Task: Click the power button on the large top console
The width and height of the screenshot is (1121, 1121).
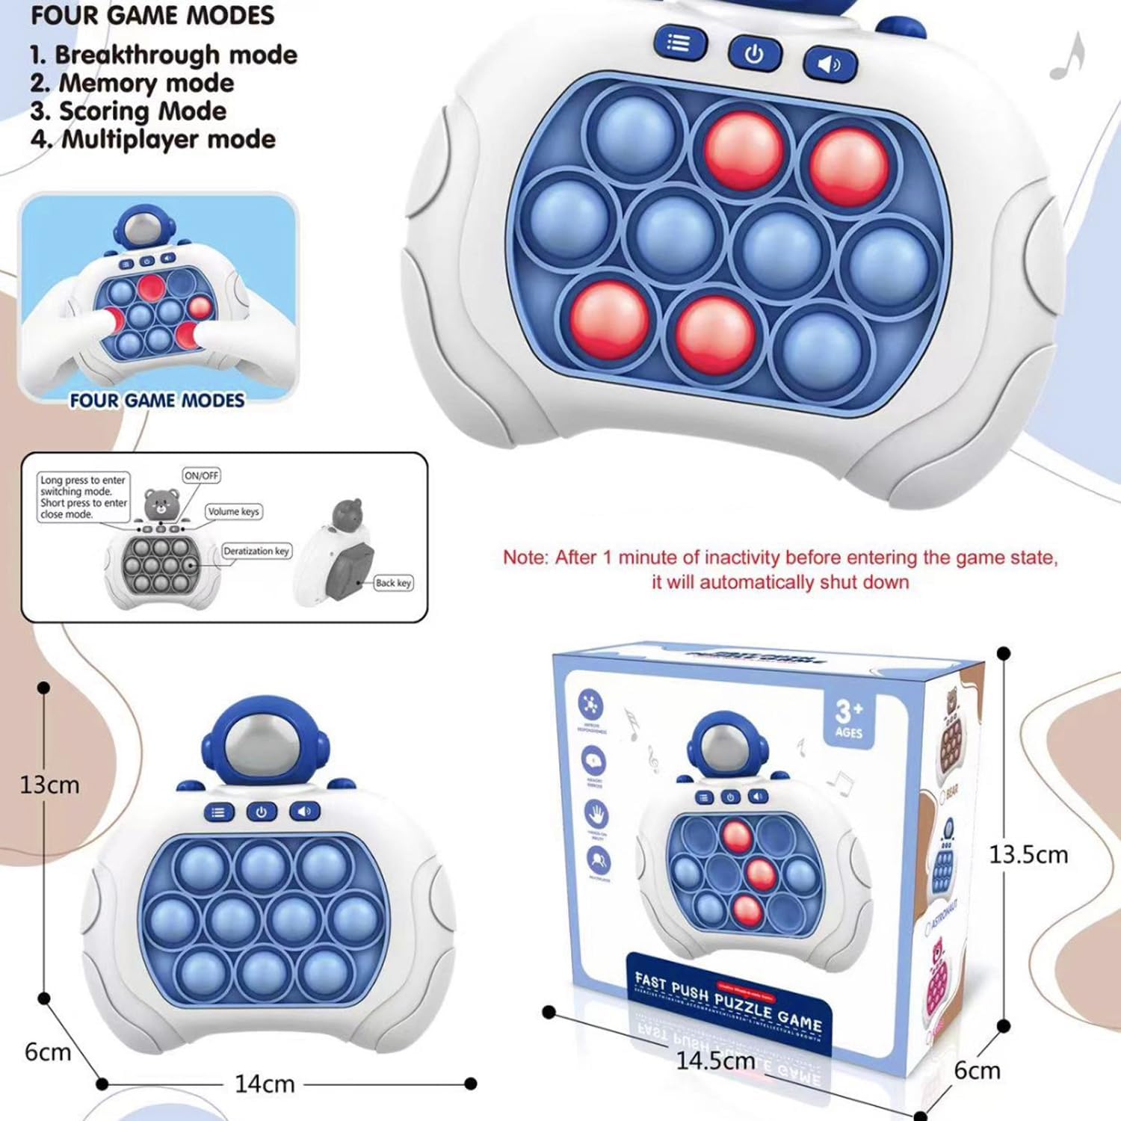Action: pos(754,54)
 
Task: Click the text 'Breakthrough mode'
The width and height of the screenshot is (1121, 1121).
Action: pos(176,55)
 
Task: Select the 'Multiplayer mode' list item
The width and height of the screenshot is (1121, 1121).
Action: pos(168,139)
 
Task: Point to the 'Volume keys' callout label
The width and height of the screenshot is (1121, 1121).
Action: pos(234,512)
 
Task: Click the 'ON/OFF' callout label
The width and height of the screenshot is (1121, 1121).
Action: pos(201,475)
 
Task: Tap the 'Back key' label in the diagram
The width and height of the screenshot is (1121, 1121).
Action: pos(393,583)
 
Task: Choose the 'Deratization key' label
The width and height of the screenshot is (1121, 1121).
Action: pos(256,551)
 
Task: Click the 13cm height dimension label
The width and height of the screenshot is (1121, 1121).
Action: pos(49,785)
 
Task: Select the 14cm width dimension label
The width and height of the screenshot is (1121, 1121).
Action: pos(265,1084)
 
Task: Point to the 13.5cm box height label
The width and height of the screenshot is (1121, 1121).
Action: pos(1028,854)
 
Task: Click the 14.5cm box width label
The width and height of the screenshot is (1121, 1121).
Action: pos(715,1060)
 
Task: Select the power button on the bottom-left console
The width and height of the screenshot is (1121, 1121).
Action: pos(261,812)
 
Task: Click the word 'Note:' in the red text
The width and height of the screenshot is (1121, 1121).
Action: pos(525,558)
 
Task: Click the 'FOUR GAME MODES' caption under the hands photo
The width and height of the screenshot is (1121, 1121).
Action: pos(157,401)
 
